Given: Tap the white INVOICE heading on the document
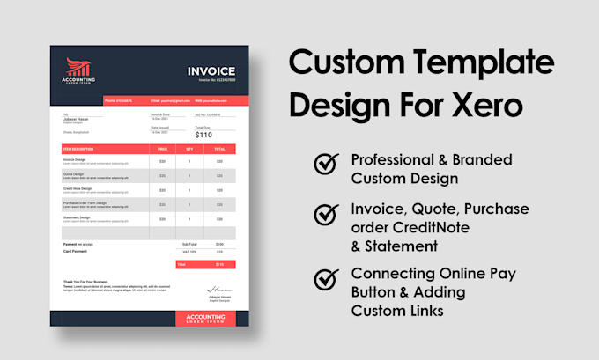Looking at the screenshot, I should pyautogui.click(x=211, y=71).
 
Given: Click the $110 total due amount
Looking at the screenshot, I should pyautogui.click(x=203, y=135).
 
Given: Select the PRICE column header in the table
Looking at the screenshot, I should pyautogui.click(x=162, y=149).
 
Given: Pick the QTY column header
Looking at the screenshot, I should pyautogui.click(x=189, y=149).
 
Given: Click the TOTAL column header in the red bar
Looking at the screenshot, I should pyautogui.click(x=218, y=149).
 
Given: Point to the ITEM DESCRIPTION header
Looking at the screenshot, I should pyautogui.click(x=78, y=149).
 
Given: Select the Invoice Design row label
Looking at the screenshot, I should pyautogui.click(x=75, y=159).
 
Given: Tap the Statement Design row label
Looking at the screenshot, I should pyautogui.click(x=78, y=216).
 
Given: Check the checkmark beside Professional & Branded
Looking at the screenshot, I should pyautogui.click(x=326, y=165).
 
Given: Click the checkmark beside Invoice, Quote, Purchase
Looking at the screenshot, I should pyautogui.click(x=326, y=216).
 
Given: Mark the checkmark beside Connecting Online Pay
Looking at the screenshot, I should pyautogui.click(x=326, y=280).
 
